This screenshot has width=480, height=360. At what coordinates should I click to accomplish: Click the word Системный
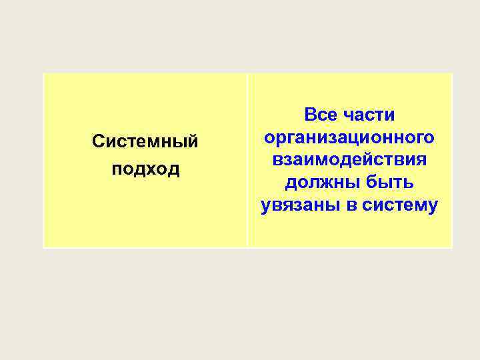(x=145, y=142)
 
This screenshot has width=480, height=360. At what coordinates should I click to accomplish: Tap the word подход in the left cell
(x=145, y=169)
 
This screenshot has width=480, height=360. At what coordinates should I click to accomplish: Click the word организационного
(x=349, y=137)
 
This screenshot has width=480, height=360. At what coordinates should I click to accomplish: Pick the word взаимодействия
(x=349, y=160)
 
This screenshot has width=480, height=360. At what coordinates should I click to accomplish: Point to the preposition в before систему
(x=351, y=206)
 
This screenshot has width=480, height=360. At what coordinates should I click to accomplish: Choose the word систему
(x=400, y=206)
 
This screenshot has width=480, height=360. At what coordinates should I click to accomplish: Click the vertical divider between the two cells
(x=247, y=160)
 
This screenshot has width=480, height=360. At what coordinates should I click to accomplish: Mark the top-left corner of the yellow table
(x=43, y=74)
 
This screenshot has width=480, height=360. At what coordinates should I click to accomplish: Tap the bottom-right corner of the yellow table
(x=452, y=247)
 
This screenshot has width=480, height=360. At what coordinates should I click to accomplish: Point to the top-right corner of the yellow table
(x=452, y=74)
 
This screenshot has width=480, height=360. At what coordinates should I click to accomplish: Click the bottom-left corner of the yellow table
(x=43, y=247)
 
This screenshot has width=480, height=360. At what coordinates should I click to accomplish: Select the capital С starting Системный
(x=98, y=142)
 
